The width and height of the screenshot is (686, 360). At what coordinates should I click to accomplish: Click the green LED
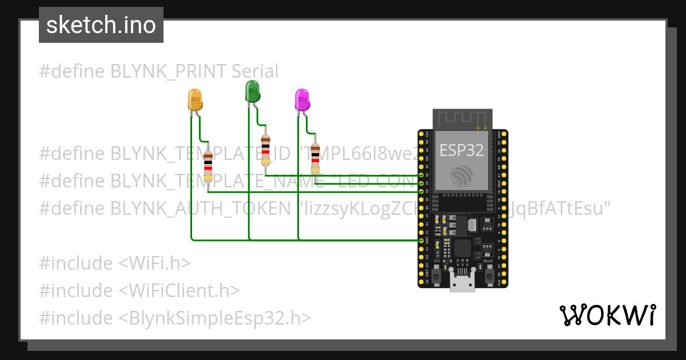point(252,91)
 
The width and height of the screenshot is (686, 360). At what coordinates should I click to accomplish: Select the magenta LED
point(301,100)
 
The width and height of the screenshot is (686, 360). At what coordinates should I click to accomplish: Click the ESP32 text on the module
point(461,150)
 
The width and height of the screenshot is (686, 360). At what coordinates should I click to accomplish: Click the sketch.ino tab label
point(101,25)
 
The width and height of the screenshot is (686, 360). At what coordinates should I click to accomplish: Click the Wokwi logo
point(607,315)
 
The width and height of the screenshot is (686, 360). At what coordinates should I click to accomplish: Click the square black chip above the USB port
point(462,247)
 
